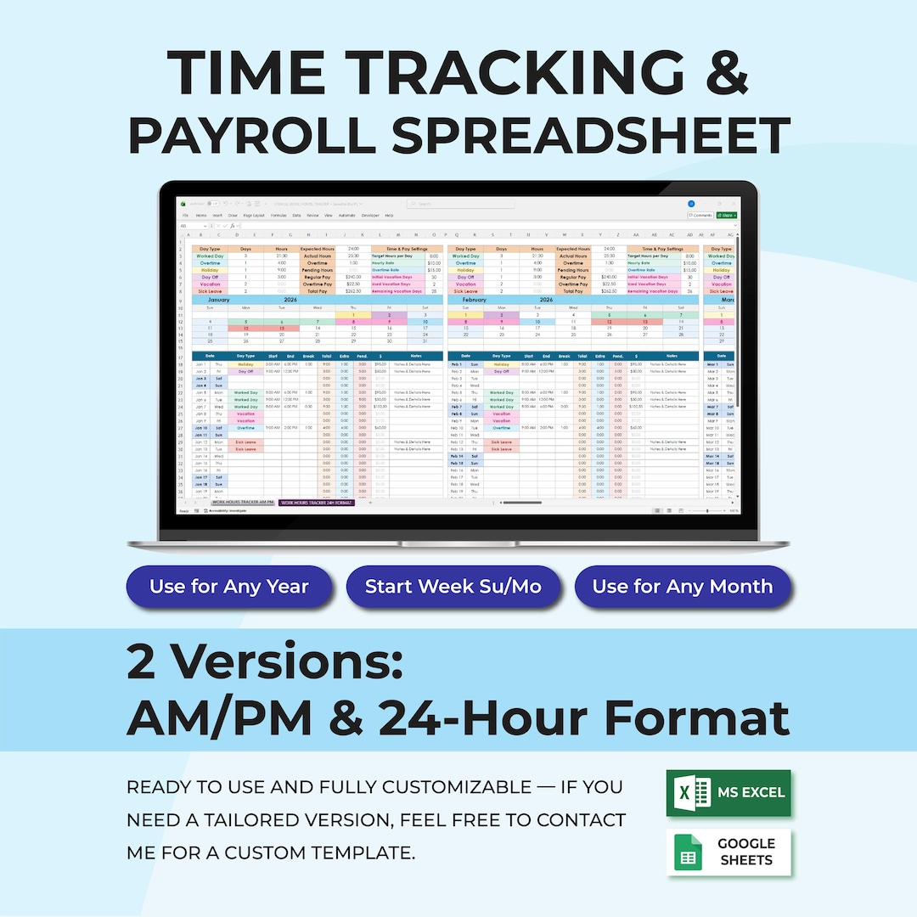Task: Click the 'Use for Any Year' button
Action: coord(228,587)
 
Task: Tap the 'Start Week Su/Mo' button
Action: coord(453,587)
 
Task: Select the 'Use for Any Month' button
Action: coord(683,587)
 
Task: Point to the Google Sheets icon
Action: coord(688,852)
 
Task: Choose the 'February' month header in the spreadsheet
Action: coord(475,299)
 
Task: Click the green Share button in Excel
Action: coord(727,216)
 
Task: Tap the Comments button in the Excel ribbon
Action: coord(700,216)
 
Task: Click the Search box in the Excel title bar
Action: coord(459,204)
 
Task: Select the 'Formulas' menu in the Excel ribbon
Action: coord(278,216)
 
